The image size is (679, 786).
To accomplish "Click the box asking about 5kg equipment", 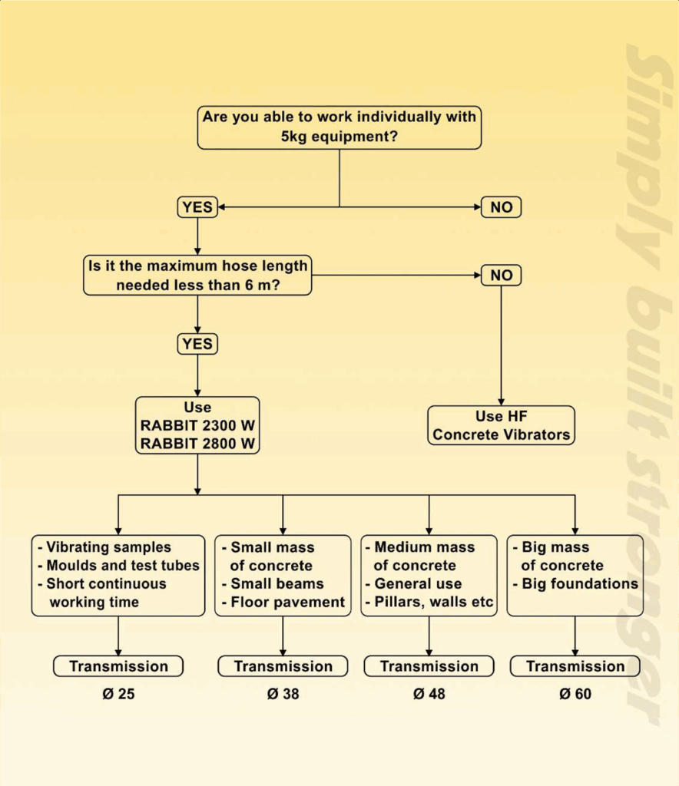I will click(x=339, y=127).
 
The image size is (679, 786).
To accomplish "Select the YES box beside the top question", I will click(x=197, y=207).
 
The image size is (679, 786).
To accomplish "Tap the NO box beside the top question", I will click(x=501, y=207).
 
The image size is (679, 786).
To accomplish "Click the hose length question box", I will click(x=198, y=276).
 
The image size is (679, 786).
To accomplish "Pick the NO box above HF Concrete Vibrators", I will click(x=501, y=275).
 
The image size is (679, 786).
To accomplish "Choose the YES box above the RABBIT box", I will click(x=197, y=344).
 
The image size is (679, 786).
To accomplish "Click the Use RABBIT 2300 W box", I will click(x=197, y=425).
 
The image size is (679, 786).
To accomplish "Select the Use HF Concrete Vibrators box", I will click(x=501, y=425).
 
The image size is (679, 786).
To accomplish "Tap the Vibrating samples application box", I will click(x=118, y=575).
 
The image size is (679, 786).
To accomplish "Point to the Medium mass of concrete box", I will click(x=429, y=575).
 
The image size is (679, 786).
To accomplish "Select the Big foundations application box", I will click(x=575, y=575).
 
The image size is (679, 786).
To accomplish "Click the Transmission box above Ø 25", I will click(x=118, y=666).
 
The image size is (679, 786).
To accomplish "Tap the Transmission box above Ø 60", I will click(x=575, y=666).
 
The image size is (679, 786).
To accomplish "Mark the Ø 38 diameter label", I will click(x=283, y=695).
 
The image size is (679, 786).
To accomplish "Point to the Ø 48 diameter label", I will click(x=429, y=695).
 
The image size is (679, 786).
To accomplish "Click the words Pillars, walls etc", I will click(x=433, y=602).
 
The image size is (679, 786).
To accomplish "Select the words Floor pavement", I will click(x=287, y=602).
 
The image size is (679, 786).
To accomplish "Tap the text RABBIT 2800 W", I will click(x=197, y=443).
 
